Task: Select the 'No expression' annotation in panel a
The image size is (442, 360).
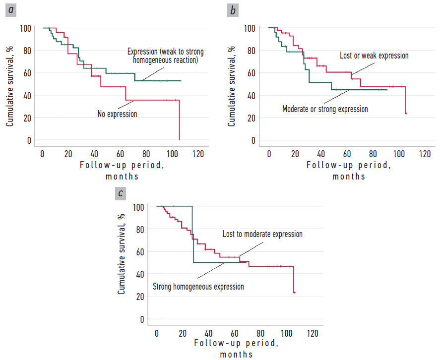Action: (x=117, y=114)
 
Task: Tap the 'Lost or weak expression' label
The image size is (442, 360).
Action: (x=374, y=56)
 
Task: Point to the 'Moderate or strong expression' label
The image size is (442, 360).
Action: (x=325, y=109)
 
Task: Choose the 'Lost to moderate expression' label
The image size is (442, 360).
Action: (x=262, y=234)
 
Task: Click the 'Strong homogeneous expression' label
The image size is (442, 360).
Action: (x=198, y=287)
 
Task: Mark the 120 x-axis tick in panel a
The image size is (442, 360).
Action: (x=198, y=153)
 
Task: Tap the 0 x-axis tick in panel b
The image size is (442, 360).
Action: (x=269, y=153)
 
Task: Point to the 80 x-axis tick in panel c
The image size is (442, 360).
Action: (x=261, y=332)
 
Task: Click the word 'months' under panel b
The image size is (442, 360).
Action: (x=348, y=176)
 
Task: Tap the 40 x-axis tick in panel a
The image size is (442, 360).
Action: (x=94, y=153)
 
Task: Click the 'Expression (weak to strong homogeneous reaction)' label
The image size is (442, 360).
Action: (x=165, y=56)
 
